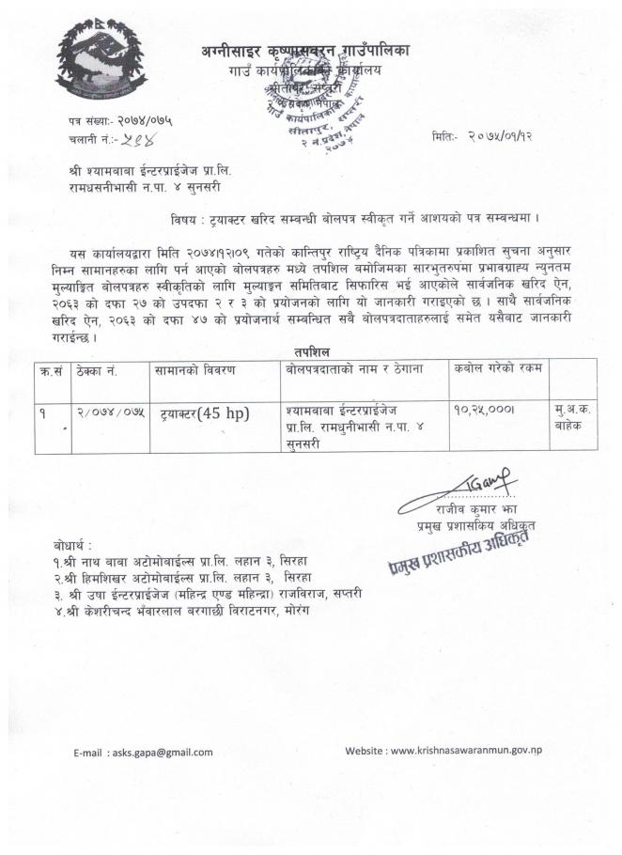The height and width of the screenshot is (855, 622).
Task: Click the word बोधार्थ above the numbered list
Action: [73, 545]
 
